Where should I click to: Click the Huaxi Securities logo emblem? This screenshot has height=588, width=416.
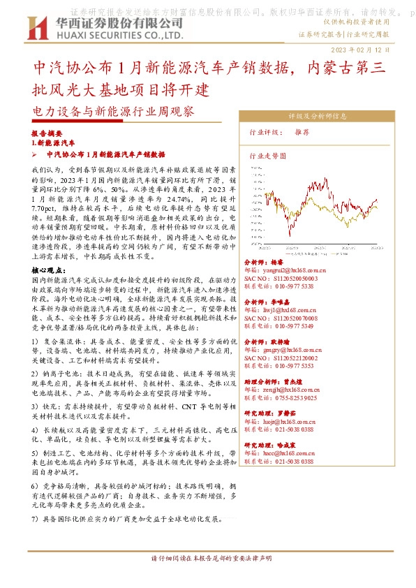tap(32, 29)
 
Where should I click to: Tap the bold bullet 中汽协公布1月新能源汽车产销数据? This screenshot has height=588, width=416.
tap(105, 154)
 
